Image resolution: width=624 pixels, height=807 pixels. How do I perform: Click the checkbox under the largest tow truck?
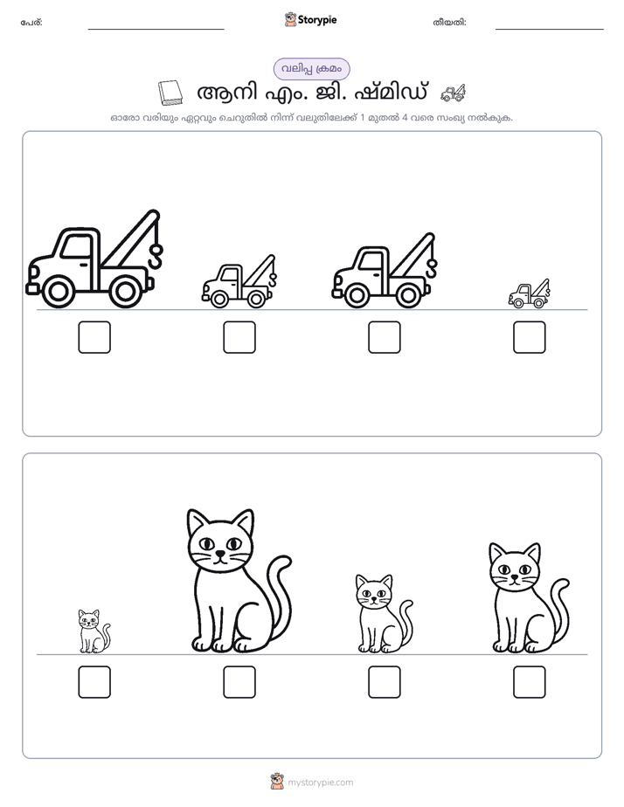[94, 337]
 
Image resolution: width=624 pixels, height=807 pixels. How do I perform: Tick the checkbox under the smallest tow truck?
[530, 337]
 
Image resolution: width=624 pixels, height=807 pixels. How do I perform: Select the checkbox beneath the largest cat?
[239, 682]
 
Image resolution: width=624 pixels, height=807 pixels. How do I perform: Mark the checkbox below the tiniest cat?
[94, 682]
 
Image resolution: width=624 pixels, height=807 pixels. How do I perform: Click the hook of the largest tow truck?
[156, 256]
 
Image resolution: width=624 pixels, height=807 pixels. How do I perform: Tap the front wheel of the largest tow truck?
[57, 292]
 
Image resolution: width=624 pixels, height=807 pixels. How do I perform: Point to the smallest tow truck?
[529, 293]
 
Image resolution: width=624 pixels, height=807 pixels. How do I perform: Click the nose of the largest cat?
[220, 554]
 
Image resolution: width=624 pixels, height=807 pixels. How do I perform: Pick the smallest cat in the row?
[94, 631]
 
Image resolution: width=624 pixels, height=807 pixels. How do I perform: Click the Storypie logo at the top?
[310, 19]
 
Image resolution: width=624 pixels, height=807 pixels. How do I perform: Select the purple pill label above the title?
[311, 69]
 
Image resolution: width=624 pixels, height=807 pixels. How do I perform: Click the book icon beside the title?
[170, 93]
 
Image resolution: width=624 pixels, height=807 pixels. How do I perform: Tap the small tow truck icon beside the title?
[453, 93]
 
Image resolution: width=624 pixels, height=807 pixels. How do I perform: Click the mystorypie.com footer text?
[320, 783]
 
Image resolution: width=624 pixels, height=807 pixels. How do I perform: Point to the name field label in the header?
[31, 23]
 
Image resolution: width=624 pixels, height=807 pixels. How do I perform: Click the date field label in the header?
[449, 23]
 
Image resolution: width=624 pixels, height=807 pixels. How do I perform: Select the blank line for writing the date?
[550, 30]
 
